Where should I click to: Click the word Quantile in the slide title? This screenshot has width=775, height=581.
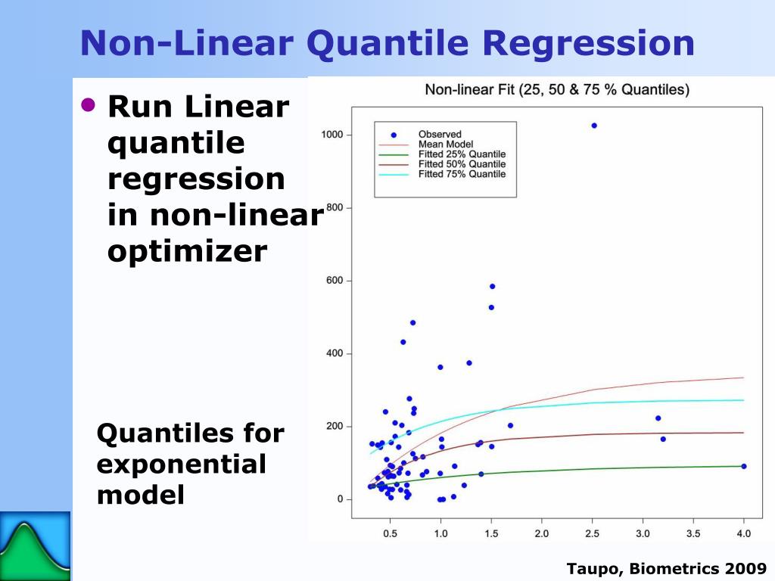coord(391,43)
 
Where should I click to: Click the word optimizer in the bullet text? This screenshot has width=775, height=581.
coord(187,250)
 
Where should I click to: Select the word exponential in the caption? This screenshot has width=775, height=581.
coord(181,464)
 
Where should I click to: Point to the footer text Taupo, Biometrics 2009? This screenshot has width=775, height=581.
coord(667,569)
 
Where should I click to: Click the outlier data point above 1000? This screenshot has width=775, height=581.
coord(594,126)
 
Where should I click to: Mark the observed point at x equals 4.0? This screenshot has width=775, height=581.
coord(744,466)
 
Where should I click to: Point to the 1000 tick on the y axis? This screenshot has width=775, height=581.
coord(332,135)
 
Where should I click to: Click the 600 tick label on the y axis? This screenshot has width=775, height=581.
coord(335,281)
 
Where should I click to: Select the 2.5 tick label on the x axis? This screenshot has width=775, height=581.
coord(592,533)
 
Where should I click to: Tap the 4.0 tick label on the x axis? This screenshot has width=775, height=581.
coord(743,533)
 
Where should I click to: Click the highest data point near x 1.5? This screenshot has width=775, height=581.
coord(492,287)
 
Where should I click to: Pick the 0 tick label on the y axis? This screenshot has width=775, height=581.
coord(340,499)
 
